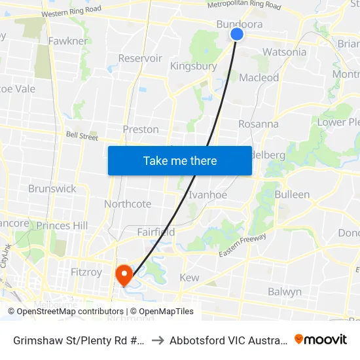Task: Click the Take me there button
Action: click(180, 160)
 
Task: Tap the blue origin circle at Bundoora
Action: click(237, 34)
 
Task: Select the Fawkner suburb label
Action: click(68, 41)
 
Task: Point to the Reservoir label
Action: click(140, 58)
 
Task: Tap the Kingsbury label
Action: click(193, 66)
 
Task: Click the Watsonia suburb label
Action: click(284, 52)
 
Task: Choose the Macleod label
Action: click(259, 78)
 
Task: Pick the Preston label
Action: click(141, 129)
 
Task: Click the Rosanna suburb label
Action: click(258, 124)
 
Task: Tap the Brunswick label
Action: click(52, 189)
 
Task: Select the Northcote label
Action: click(128, 204)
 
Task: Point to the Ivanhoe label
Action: click(207, 194)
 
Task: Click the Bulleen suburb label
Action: click(292, 194)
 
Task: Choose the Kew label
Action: click(189, 278)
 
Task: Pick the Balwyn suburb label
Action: click(284, 291)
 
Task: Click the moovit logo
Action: click(321, 339)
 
